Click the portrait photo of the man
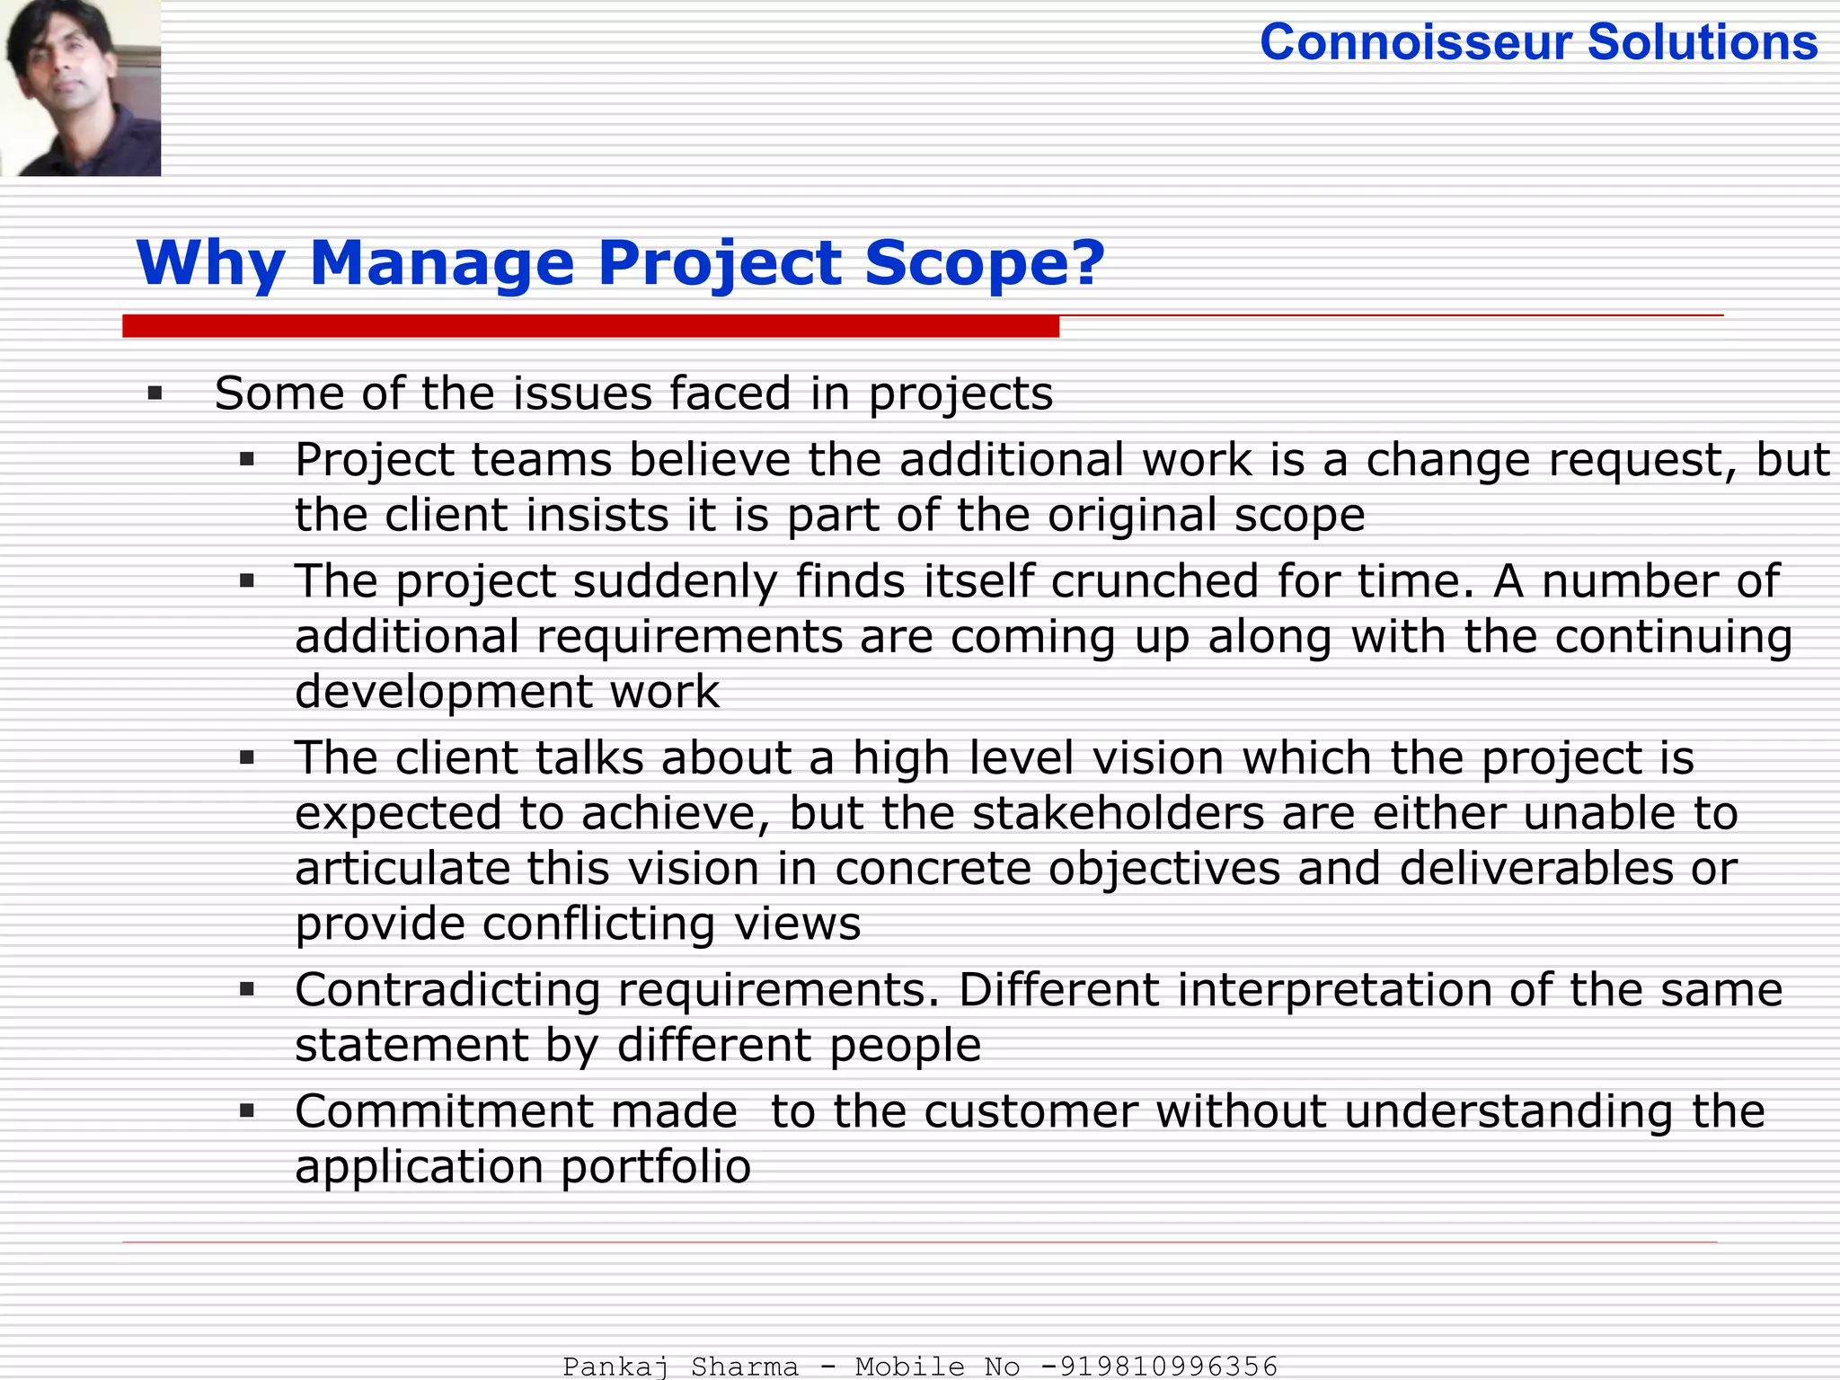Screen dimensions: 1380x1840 pos(81,87)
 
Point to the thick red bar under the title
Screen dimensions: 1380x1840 pos(590,326)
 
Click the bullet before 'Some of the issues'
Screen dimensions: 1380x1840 pos(155,394)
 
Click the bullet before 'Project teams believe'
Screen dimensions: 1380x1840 pos(248,461)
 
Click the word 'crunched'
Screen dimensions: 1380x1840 pos(1155,580)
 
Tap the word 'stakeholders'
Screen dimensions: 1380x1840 pos(1119,813)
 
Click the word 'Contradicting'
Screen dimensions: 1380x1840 pos(447,990)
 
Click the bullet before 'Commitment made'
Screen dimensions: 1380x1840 pos(248,1112)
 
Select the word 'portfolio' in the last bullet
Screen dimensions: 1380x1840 pos(656,1167)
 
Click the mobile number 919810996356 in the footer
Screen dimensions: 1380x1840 pos(1168,1367)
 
